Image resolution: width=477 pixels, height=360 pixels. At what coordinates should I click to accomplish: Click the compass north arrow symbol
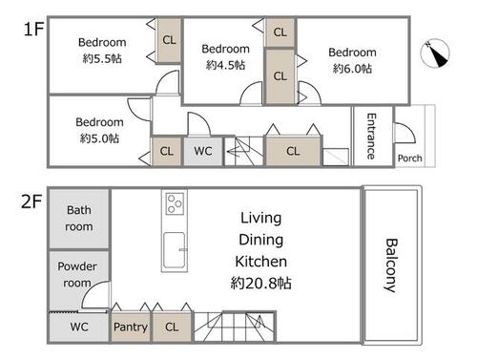435,53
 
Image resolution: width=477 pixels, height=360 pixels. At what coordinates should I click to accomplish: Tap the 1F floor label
33,30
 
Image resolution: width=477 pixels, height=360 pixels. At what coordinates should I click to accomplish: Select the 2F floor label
31,201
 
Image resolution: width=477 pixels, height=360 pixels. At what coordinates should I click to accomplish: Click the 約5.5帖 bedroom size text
102,58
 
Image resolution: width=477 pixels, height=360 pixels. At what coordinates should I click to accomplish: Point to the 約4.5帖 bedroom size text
225,65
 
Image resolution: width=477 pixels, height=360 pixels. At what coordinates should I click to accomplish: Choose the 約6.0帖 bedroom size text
352,69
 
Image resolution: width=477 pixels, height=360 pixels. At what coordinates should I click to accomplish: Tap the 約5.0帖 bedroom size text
99,138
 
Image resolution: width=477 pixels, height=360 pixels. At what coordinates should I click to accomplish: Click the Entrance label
371,137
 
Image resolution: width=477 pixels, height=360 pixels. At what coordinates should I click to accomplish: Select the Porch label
410,158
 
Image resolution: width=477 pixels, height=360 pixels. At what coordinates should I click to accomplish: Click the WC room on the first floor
203,151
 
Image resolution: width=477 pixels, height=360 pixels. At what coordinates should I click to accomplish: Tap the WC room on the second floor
79,328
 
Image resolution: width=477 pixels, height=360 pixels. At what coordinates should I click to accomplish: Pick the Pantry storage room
131,327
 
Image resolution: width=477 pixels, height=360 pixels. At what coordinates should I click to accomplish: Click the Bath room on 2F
79,219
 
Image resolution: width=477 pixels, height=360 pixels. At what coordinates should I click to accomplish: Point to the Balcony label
391,265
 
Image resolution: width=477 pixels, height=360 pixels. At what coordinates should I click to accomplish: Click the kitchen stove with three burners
175,203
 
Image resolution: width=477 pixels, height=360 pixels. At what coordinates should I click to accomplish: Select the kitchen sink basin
174,250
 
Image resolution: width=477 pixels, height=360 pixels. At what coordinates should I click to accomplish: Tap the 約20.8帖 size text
260,283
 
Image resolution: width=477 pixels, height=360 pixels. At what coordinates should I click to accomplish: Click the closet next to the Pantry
172,327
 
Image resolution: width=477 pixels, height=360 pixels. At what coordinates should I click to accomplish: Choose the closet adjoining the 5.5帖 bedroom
169,40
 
